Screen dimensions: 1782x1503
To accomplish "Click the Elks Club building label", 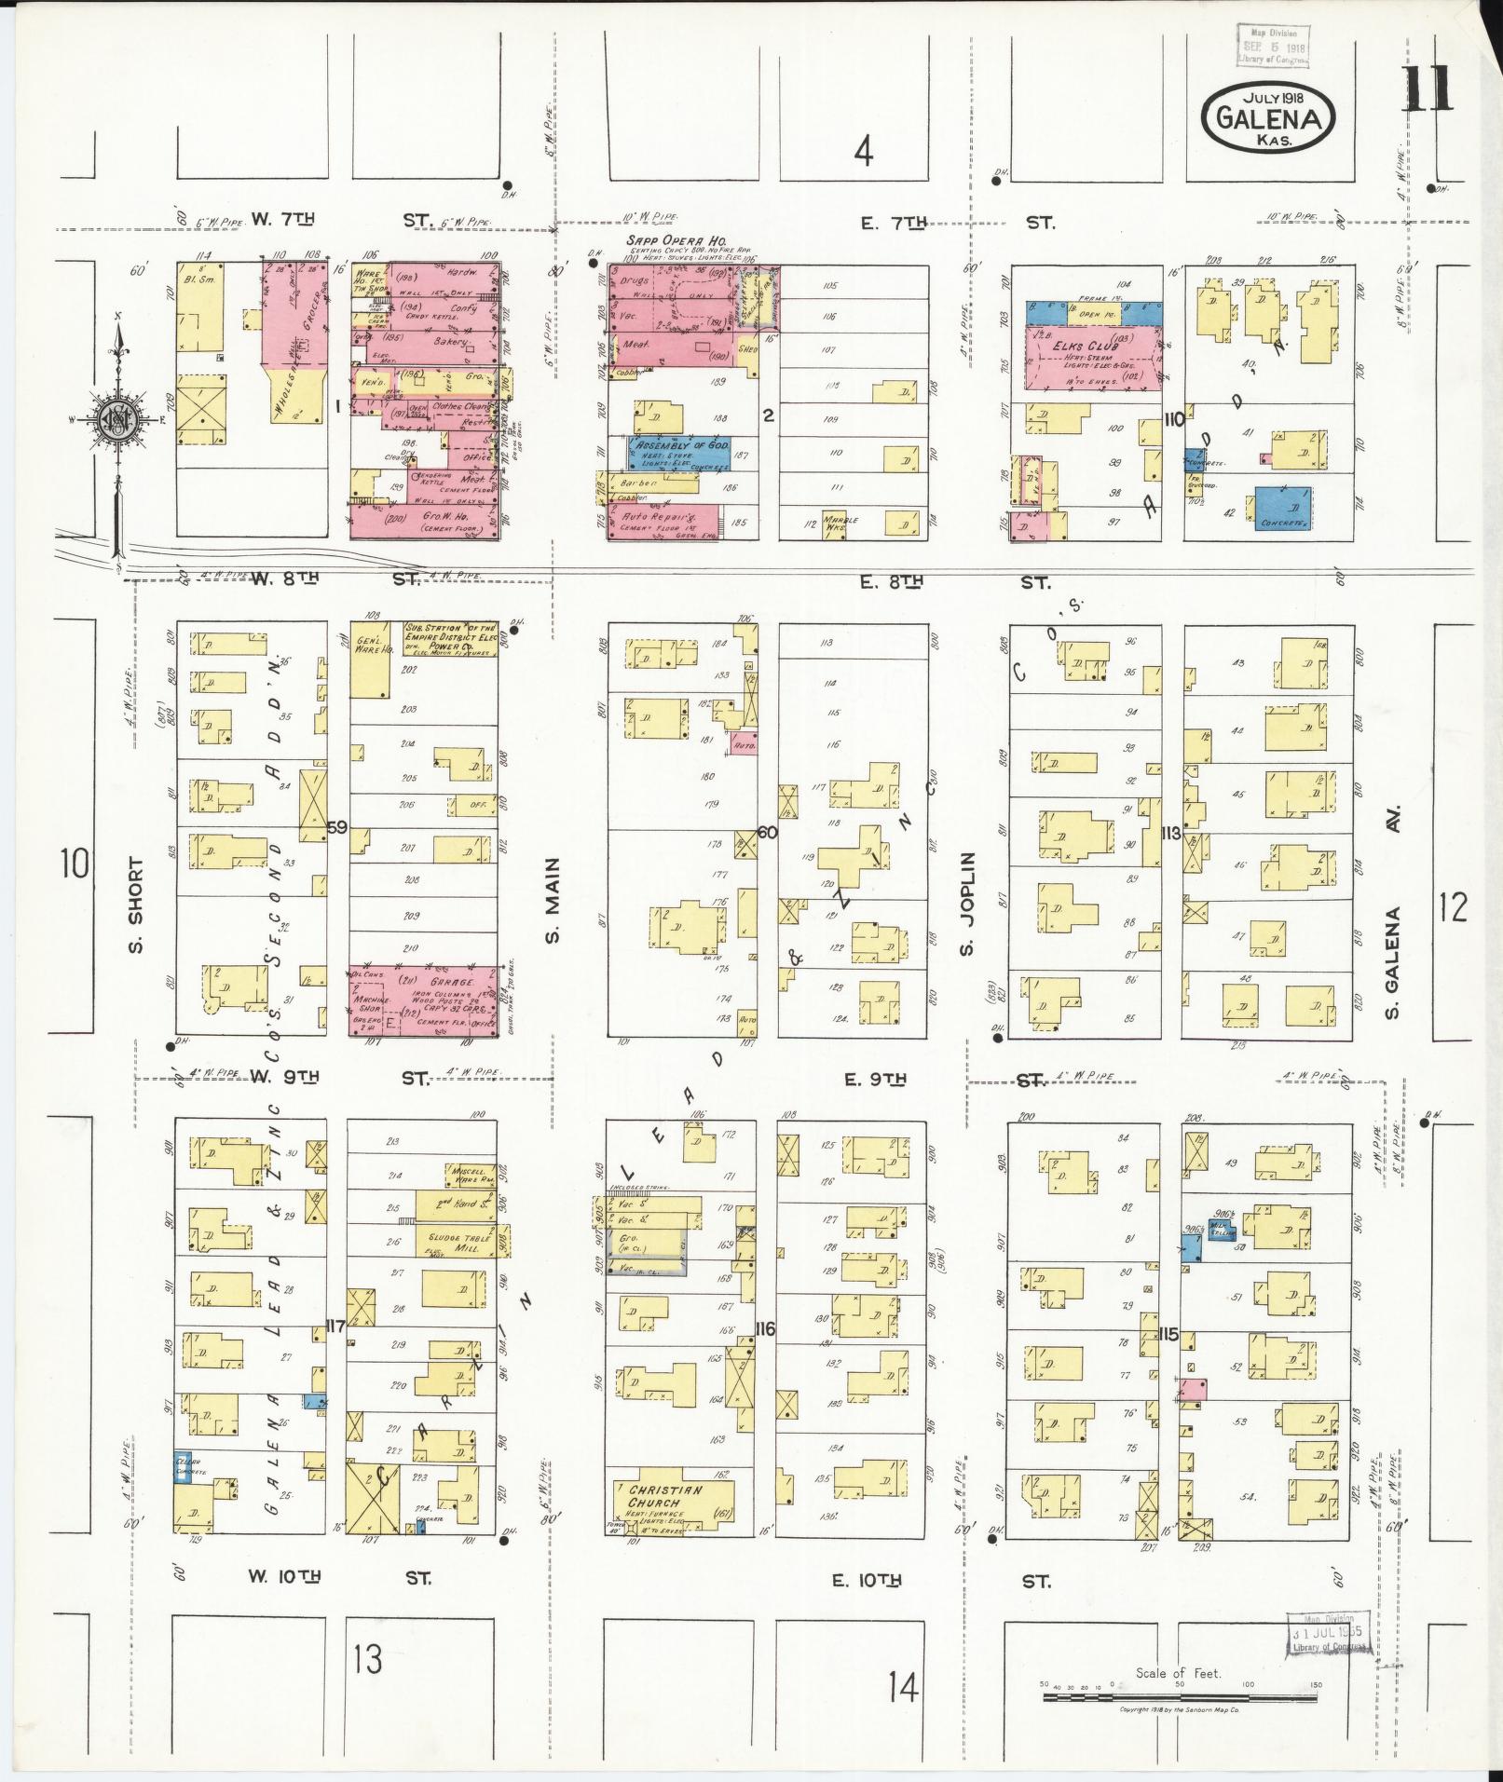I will [1088, 344].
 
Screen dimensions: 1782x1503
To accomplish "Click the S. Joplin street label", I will [967, 904].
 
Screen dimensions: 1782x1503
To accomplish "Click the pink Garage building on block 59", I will [425, 1000].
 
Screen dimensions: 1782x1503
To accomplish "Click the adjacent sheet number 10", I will [75, 863].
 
